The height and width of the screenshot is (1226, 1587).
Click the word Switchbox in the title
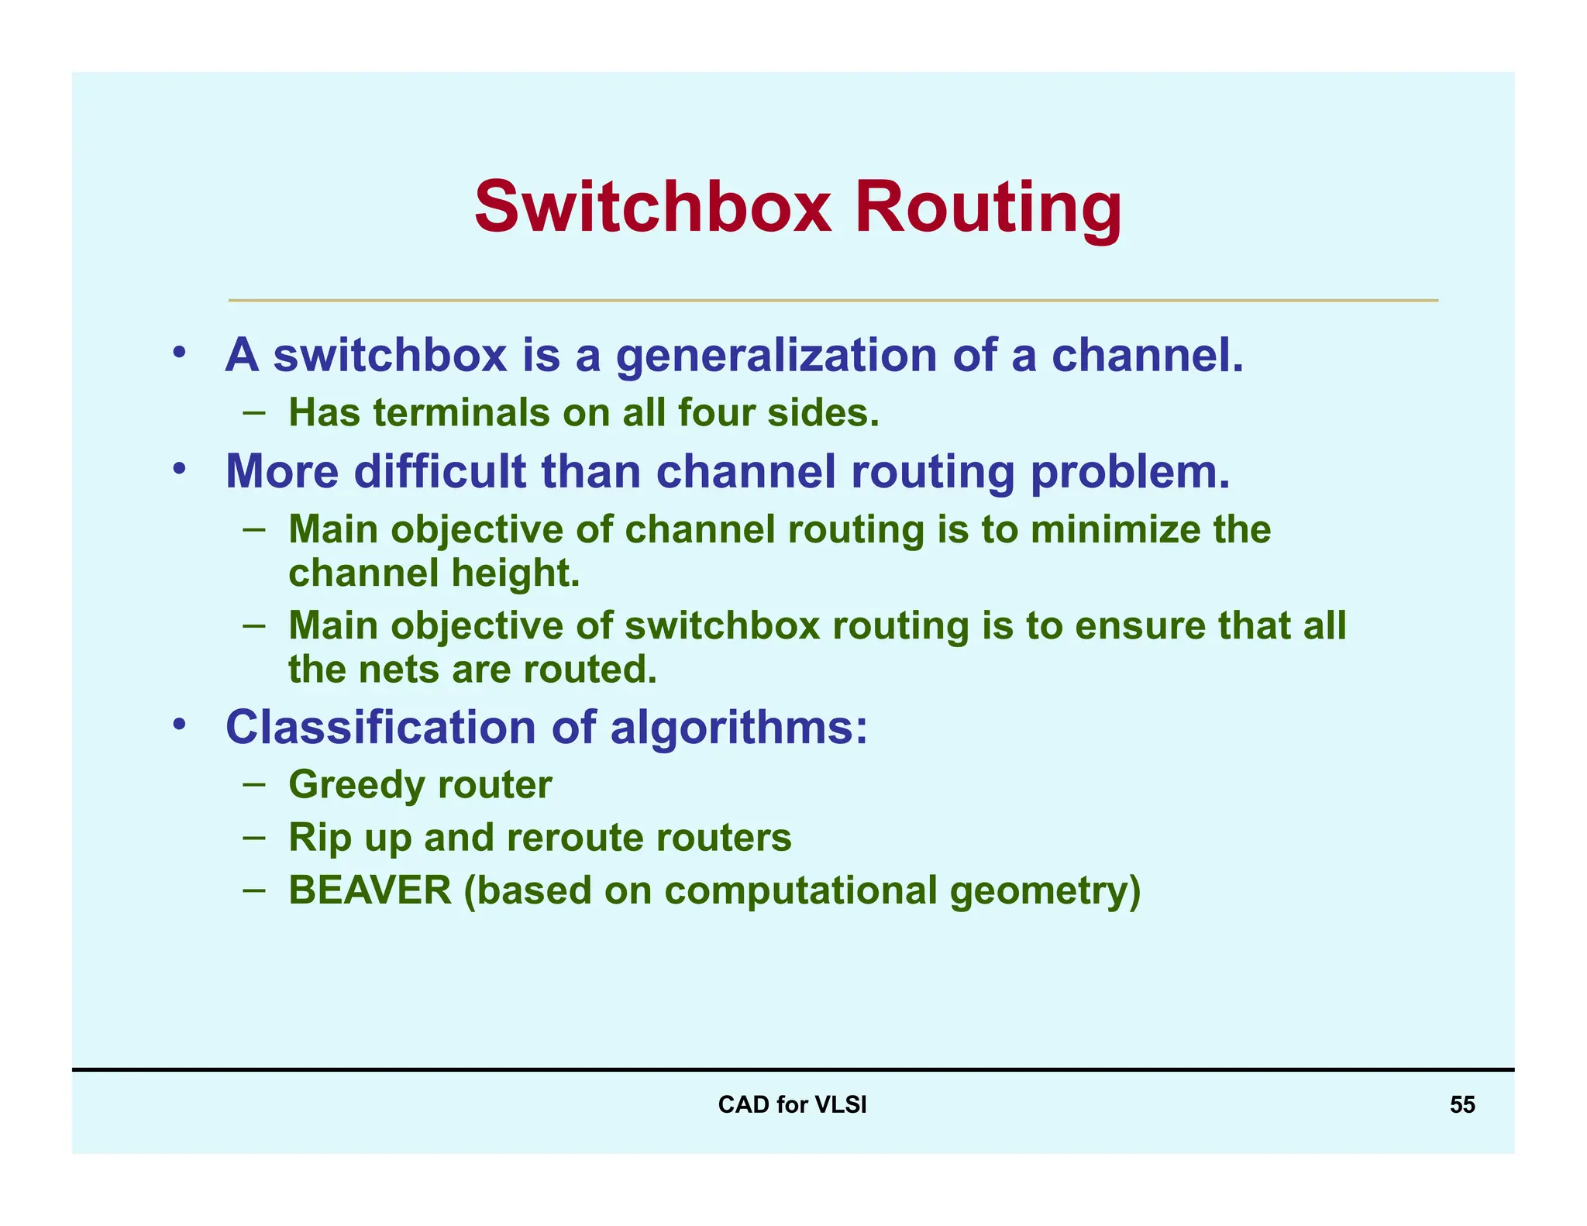click(x=653, y=208)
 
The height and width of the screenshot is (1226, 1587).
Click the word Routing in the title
click(x=988, y=208)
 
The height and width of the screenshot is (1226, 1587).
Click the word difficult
click(x=440, y=471)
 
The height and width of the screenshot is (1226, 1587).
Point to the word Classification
click(x=380, y=728)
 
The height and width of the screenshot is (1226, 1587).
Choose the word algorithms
click(x=738, y=728)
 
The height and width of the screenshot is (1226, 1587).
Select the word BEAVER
click(x=370, y=890)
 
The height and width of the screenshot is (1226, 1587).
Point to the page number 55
click(x=1462, y=1104)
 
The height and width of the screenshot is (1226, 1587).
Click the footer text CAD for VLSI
click(x=792, y=1104)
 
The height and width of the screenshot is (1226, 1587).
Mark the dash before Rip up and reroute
click(x=253, y=837)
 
